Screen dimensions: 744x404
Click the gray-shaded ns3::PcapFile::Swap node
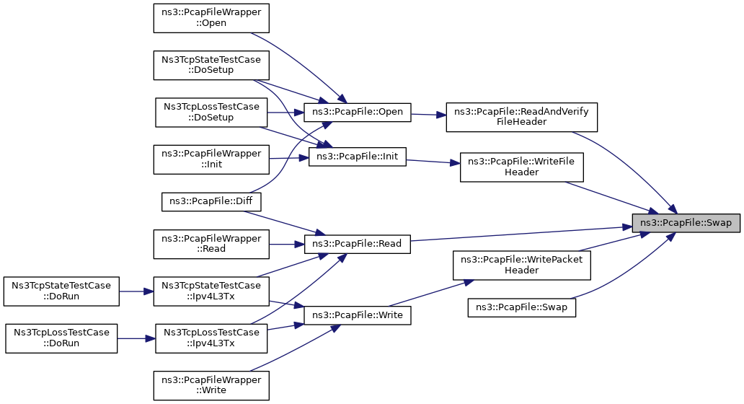(x=686, y=223)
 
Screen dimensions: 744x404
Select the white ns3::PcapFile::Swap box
(x=521, y=307)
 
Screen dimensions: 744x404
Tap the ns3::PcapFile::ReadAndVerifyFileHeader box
(x=521, y=117)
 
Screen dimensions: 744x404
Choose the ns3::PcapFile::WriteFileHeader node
(x=521, y=167)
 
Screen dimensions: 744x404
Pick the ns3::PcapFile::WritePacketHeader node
(x=521, y=265)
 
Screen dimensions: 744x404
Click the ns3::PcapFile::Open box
(x=358, y=112)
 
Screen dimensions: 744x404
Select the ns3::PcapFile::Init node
(x=358, y=157)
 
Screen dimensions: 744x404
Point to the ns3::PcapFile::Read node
(x=358, y=244)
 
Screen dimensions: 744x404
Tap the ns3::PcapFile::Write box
(x=358, y=315)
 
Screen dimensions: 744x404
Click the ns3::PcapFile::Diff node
(x=211, y=202)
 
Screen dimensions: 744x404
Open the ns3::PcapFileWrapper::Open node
(x=211, y=18)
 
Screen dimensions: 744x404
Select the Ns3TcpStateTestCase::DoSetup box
(x=211, y=65)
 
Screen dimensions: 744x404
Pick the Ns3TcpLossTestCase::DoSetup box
(x=211, y=113)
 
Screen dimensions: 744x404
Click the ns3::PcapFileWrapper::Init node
(x=211, y=159)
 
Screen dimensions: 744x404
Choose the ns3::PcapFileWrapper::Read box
(x=211, y=244)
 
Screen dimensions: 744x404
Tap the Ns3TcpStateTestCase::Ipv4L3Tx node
(x=211, y=291)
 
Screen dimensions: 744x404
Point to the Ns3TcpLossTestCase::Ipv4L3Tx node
(x=211, y=338)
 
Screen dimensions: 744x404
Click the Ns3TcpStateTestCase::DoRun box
(x=61, y=291)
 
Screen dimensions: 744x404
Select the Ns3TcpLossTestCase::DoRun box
(x=61, y=338)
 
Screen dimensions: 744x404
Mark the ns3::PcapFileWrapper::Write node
(x=211, y=385)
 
